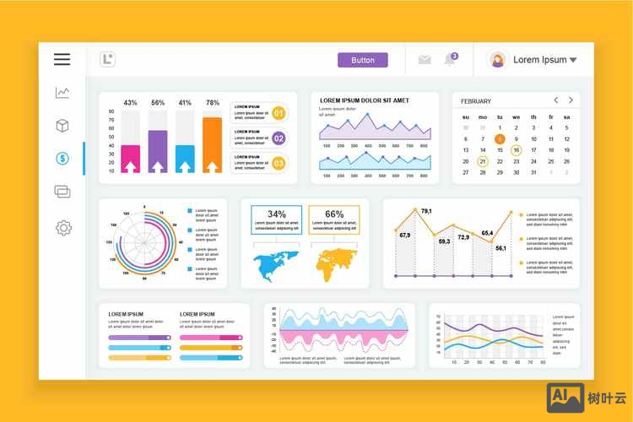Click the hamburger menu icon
pos(62,59)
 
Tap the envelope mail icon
pos(425,60)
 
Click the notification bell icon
pos(451,60)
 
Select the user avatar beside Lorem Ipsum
pos(498,60)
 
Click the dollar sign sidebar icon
pos(62,159)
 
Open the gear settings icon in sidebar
pos(62,227)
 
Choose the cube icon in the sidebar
pos(62,126)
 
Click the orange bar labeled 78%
pos(212,144)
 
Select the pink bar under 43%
pos(130,158)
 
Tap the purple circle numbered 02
pos(279,138)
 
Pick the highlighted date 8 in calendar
pos(500,138)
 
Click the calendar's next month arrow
pos(571,100)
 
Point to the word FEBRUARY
pos(476,101)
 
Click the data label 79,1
pos(426,211)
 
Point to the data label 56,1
pos(500,248)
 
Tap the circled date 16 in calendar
pos(517,150)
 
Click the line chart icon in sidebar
pos(62,93)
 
